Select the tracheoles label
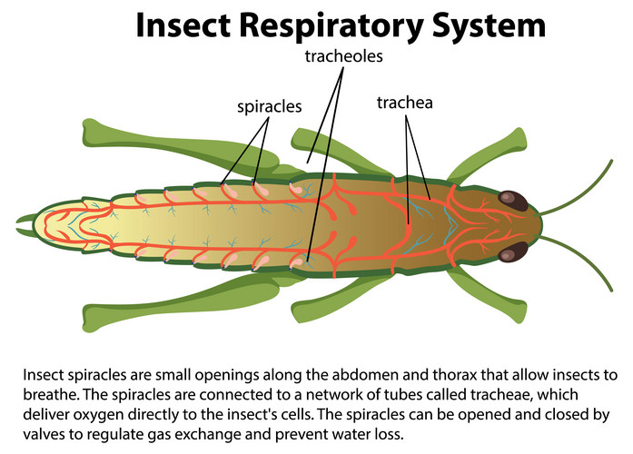pos(344,56)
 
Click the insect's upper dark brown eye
pos(515,199)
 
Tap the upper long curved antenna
pos(581,182)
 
